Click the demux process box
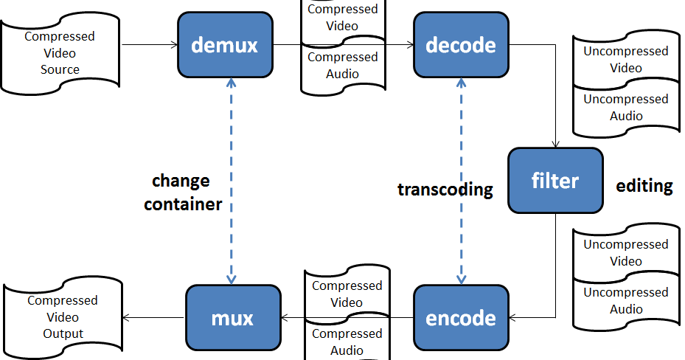(225, 45)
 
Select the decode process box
(461, 45)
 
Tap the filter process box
(554, 181)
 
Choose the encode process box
(461, 318)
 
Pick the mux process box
(233, 318)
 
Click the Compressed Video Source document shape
(60, 54)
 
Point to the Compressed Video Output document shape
(63, 317)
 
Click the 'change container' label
(182, 193)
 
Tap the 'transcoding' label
(445, 189)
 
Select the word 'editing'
(644, 186)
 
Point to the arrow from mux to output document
(153, 318)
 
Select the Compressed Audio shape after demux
(343, 66)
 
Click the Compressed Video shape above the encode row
(347, 294)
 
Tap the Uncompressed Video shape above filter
(625, 60)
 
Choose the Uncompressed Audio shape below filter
(625, 301)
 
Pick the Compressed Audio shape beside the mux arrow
(347, 342)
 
